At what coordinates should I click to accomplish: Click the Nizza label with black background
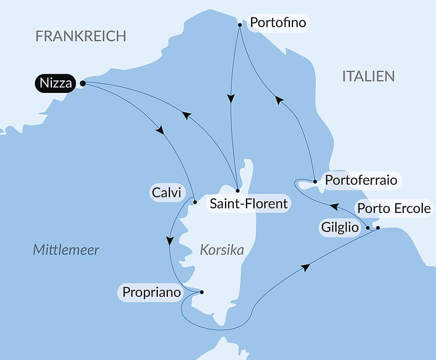pyautogui.click(x=55, y=83)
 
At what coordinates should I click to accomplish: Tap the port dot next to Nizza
pyautogui.click(x=82, y=83)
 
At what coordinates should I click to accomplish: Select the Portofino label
pyautogui.click(x=278, y=22)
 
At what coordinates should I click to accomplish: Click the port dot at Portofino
pyautogui.click(x=240, y=25)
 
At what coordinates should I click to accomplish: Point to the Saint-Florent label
pyautogui.click(x=249, y=203)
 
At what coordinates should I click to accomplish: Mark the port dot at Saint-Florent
pyautogui.click(x=238, y=191)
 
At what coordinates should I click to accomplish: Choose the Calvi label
pyautogui.click(x=166, y=192)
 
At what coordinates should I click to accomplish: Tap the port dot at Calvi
pyautogui.click(x=195, y=202)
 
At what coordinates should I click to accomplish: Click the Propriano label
pyautogui.click(x=151, y=292)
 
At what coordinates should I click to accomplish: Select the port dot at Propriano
pyautogui.click(x=201, y=292)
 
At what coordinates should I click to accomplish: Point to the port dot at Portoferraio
pyautogui.click(x=315, y=181)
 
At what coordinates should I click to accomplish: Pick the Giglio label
pyautogui.click(x=340, y=227)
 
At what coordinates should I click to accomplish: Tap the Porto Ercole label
pyautogui.click(x=394, y=209)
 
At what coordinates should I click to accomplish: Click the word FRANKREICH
pyautogui.click(x=81, y=36)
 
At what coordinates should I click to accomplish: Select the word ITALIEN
pyautogui.click(x=368, y=76)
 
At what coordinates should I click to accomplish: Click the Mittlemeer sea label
pyautogui.click(x=66, y=250)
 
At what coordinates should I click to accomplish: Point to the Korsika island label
pyautogui.click(x=221, y=250)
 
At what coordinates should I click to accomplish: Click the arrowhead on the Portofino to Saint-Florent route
pyautogui.click(x=232, y=99)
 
